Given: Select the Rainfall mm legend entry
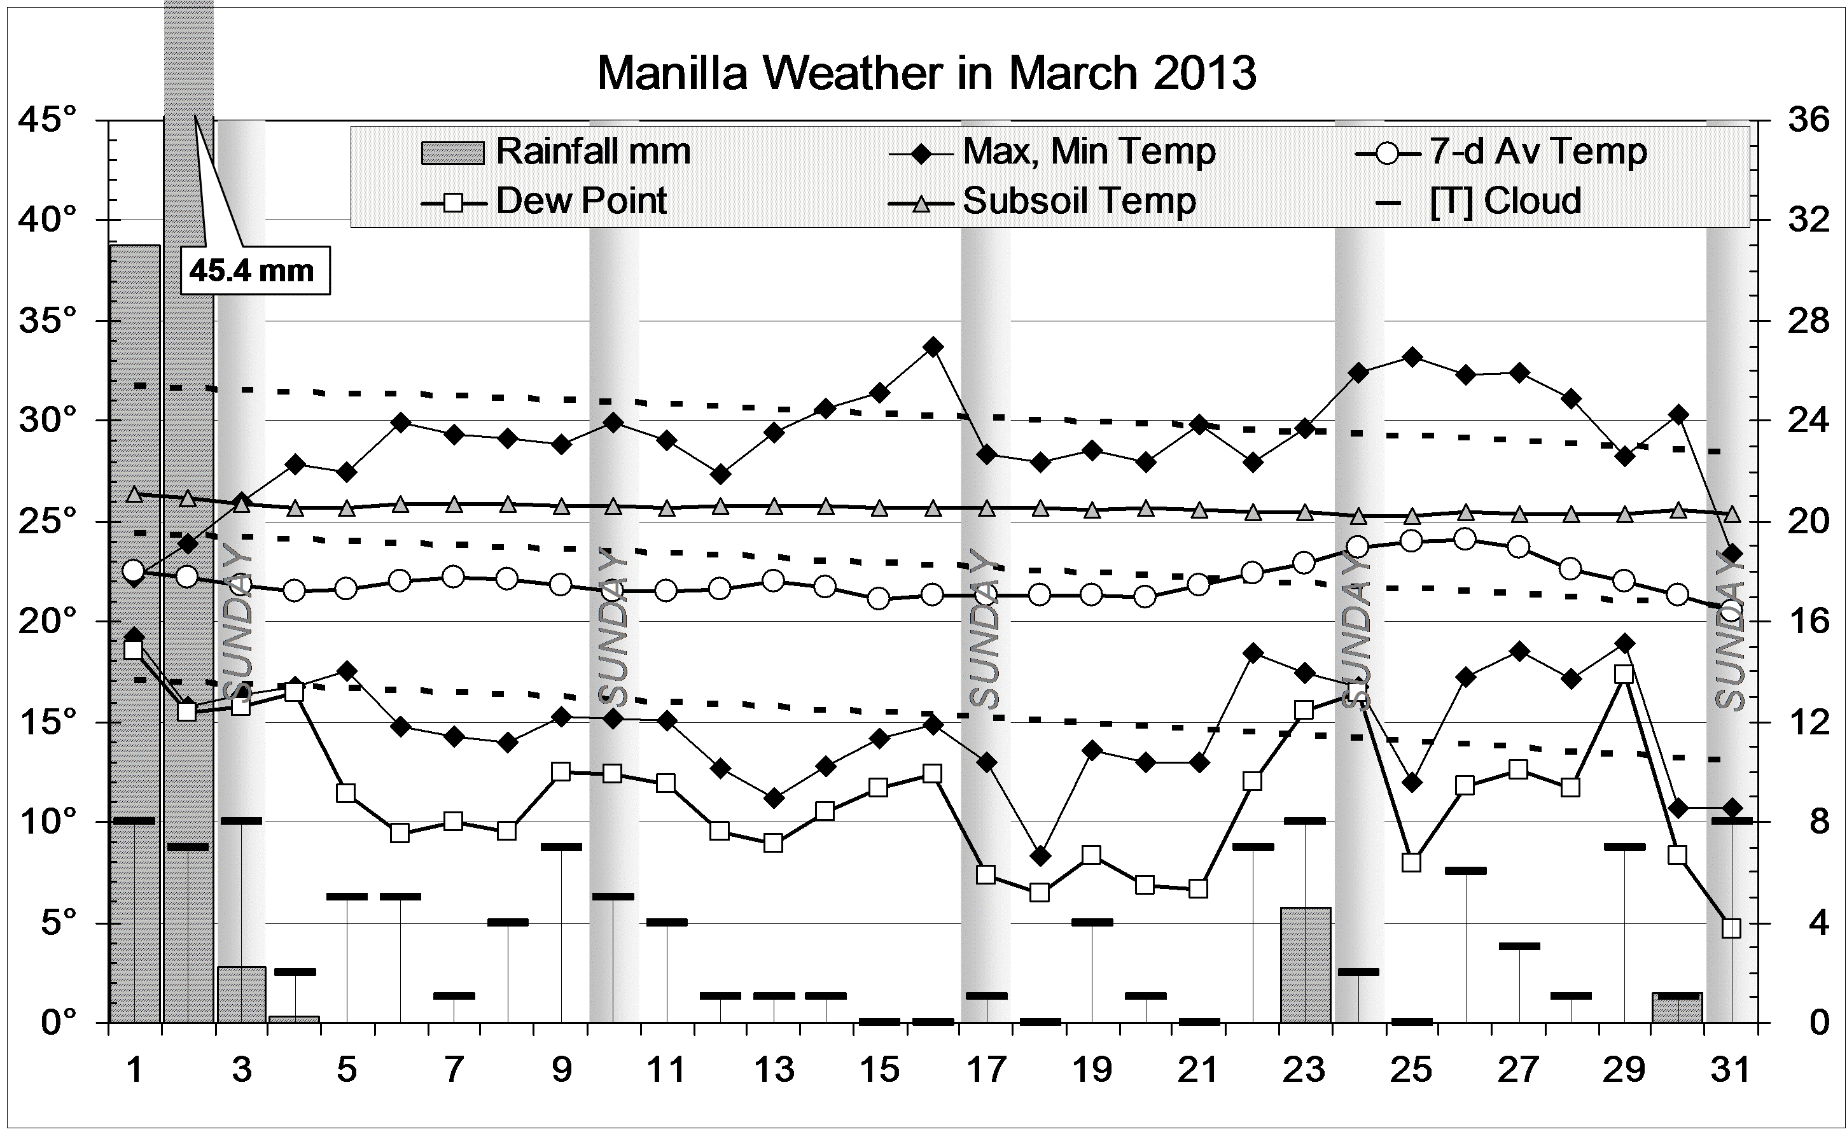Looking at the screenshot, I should (x=555, y=151).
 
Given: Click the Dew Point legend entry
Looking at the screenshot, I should (x=545, y=201).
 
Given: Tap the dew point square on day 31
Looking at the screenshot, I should (x=1731, y=928).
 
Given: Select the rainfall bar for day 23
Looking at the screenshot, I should (x=1305, y=965).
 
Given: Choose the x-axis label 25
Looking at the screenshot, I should (x=1411, y=1070).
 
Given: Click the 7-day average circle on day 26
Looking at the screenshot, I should (x=1465, y=539).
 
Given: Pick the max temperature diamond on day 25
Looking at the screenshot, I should (x=1412, y=357).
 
